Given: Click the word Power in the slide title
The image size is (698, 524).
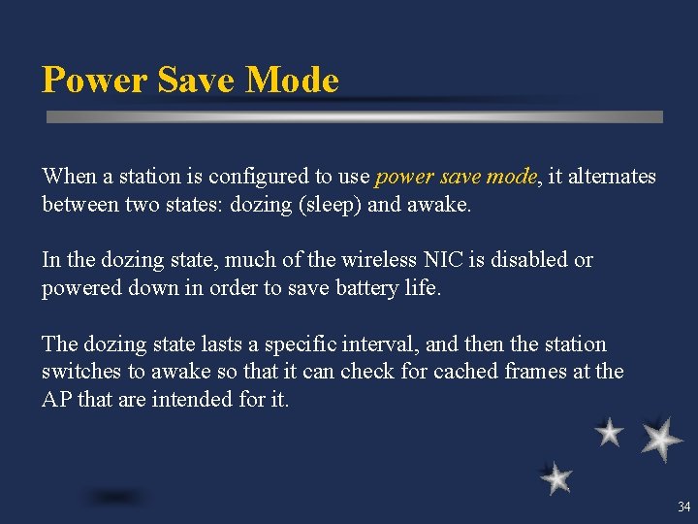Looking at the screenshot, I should click(88, 80).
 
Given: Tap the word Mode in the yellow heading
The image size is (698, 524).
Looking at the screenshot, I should click(292, 80).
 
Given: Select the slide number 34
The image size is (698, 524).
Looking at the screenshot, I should click(684, 507).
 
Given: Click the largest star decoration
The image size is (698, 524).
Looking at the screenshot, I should click(661, 439).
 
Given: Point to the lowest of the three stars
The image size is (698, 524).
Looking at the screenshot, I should click(555, 478).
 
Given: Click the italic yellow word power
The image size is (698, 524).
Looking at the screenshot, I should click(401, 177).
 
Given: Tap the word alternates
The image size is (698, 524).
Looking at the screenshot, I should click(614, 177).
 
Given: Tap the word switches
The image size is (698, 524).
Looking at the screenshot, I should click(78, 372).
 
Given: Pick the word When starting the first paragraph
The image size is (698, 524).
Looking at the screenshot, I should click(69, 177).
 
